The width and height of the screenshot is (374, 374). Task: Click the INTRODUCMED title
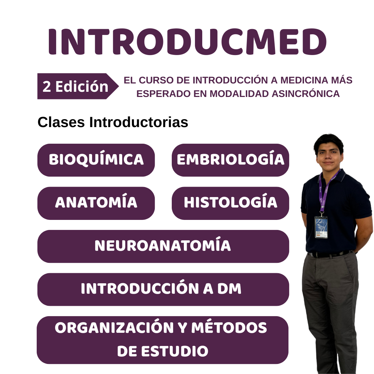[x=187, y=42]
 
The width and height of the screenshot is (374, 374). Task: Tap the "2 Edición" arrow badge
[x=76, y=87]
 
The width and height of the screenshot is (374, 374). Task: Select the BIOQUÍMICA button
[x=96, y=160]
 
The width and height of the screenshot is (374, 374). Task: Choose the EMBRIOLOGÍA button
[x=230, y=160]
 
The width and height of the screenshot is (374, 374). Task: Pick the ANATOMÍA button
[x=96, y=203]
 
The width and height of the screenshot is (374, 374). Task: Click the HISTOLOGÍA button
[x=230, y=203]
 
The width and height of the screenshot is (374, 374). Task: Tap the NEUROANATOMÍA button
[x=163, y=246]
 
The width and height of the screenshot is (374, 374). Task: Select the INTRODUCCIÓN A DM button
[x=163, y=289]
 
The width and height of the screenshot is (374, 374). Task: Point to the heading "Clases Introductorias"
[x=113, y=122]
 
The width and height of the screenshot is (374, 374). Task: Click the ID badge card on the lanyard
[x=321, y=227]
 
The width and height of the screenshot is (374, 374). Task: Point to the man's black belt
[x=329, y=254]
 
